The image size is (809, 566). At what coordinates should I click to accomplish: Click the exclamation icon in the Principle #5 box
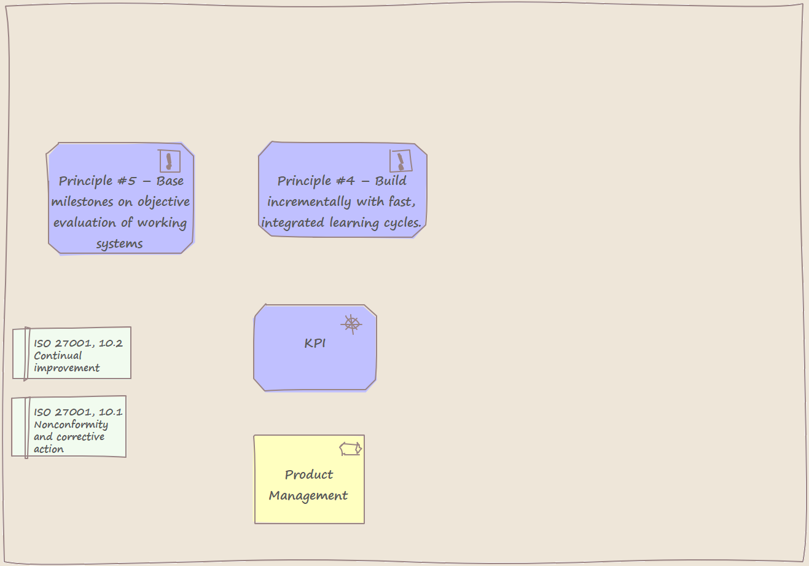pos(170,161)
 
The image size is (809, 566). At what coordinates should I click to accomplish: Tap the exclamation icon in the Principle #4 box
pos(401,161)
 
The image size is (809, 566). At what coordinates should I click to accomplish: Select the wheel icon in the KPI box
pos(351,324)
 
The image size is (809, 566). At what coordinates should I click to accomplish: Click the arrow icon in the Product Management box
pos(351,449)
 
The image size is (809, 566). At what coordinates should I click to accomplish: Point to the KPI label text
pos(315,343)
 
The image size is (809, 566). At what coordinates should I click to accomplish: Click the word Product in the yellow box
pos(309,474)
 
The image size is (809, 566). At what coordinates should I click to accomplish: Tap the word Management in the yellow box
pos(308,496)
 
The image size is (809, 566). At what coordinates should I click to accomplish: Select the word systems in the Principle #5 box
pos(120,244)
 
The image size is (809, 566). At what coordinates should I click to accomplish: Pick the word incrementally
pos(309,202)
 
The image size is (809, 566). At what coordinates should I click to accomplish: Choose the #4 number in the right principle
pos(346,181)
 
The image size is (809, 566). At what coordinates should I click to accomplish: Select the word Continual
pos(58,356)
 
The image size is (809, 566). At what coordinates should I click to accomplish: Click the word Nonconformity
pos(71,425)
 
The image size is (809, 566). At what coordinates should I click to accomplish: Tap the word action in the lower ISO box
pos(49,449)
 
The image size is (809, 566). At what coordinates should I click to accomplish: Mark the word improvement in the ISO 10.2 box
pos(67,368)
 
